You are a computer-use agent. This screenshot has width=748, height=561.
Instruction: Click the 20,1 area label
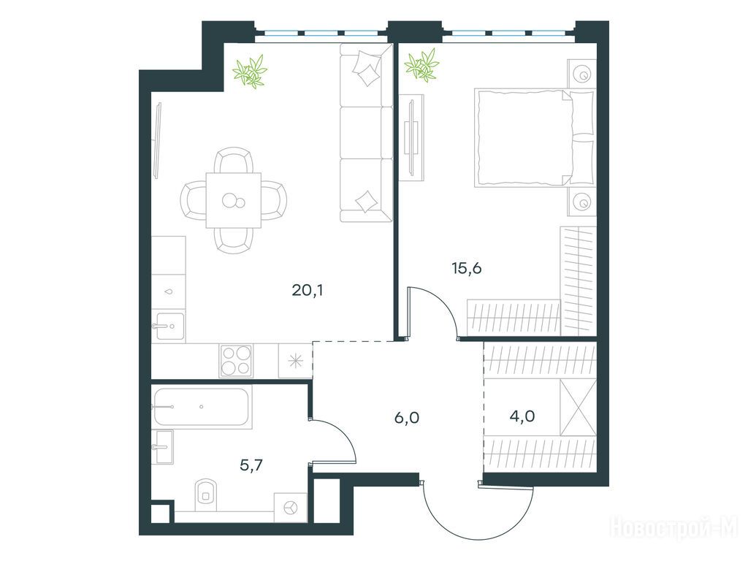(308, 289)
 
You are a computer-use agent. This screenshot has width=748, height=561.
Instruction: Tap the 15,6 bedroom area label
(467, 269)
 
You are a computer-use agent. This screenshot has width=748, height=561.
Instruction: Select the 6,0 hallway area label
(407, 418)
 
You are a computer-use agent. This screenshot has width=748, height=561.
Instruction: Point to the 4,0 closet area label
(522, 416)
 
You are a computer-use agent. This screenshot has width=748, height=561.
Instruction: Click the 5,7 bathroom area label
(251, 465)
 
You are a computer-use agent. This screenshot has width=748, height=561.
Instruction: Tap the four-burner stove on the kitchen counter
(236, 361)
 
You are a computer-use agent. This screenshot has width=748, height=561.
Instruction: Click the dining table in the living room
(234, 200)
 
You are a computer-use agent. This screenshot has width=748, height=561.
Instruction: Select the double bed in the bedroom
(534, 137)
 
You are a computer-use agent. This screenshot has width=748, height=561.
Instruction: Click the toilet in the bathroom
(205, 495)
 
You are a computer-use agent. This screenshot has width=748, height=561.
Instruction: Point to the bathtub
(202, 407)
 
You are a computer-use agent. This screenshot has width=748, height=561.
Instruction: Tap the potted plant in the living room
(250, 71)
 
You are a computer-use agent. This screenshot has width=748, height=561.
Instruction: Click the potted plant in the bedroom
(421, 64)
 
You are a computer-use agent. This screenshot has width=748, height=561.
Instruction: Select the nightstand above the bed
(582, 74)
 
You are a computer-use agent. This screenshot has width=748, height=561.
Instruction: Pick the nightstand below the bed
(582, 202)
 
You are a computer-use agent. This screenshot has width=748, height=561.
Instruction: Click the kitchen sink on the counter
(168, 326)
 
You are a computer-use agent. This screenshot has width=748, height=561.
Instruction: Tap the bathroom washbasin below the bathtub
(163, 447)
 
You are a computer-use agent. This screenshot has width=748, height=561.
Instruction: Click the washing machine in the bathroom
(291, 508)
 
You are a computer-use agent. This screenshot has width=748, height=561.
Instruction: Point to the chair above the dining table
(233, 160)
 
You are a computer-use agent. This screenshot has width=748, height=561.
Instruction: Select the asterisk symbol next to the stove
(296, 361)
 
